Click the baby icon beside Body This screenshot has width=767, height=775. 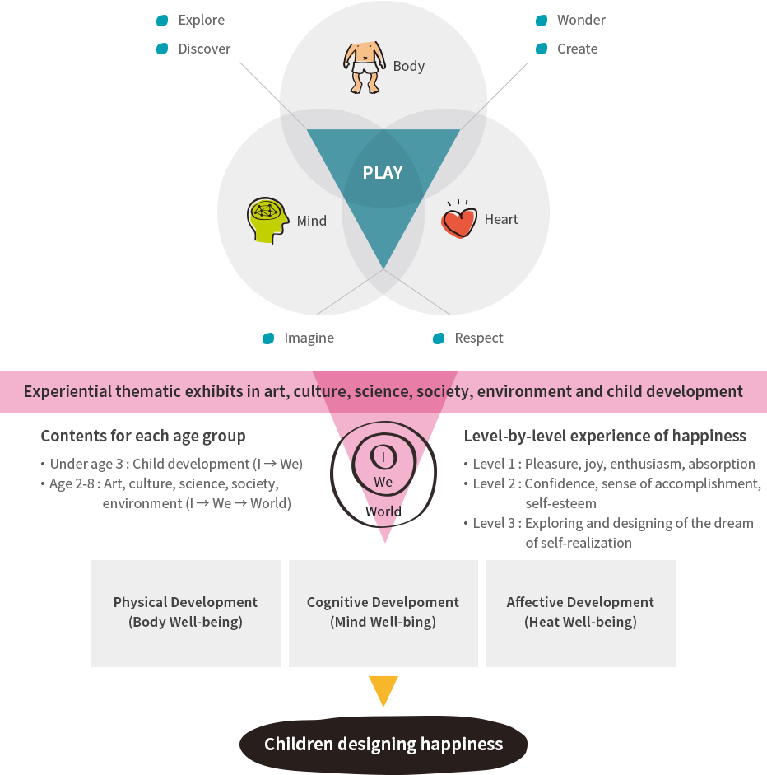[362, 66]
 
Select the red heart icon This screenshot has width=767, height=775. [459, 220]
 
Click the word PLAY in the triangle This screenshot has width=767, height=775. [383, 173]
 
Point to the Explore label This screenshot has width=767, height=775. [202, 20]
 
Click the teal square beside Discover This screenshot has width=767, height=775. [162, 49]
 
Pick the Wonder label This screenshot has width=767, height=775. [581, 20]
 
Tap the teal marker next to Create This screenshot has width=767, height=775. [542, 49]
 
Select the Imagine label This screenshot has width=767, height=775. [309, 338]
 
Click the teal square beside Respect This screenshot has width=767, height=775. [439, 338]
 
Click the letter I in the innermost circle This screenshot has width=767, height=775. [383, 456]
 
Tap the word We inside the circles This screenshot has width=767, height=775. [383, 482]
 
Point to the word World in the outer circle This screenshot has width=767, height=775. [383, 511]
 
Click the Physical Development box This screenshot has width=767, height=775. [186, 613]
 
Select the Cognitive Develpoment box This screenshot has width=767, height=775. [383, 613]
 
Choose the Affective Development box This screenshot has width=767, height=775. [580, 613]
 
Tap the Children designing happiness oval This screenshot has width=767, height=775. [383, 745]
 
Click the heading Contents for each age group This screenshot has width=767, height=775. [143, 436]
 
